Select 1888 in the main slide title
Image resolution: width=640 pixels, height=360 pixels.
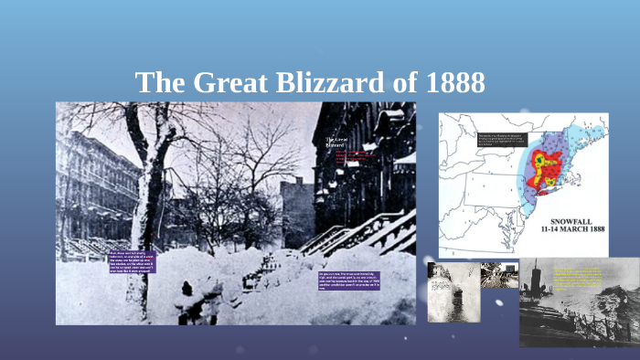[455, 83]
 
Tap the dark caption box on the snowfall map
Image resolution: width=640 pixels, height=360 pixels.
[500, 140]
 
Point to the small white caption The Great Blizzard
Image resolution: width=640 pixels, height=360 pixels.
[335, 143]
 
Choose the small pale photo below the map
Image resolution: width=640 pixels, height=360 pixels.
[453, 292]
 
